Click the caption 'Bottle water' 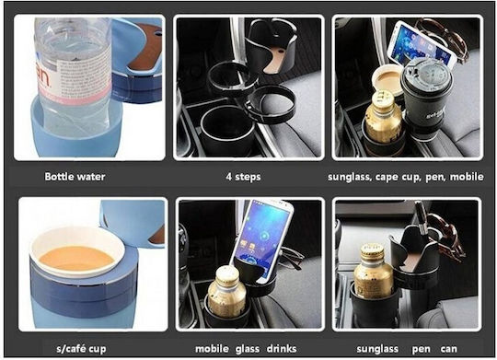pyautogui.click(x=75, y=177)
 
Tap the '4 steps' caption pyautogui.click(x=243, y=177)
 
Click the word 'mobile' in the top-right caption pyautogui.click(x=467, y=177)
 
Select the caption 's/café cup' pyautogui.click(x=81, y=349)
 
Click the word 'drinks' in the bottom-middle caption pyautogui.click(x=282, y=349)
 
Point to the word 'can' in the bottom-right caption pyautogui.click(x=449, y=349)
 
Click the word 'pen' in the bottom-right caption pyautogui.click(x=422, y=350)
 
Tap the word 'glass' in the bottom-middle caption pyautogui.click(x=248, y=349)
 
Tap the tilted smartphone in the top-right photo pyautogui.click(x=422, y=43)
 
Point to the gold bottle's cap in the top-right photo pyautogui.click(x=383, y=99)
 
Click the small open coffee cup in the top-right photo pyautogui.click(x=387, y=79)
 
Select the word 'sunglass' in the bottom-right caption pyautogui.click(x=377, y=349)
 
